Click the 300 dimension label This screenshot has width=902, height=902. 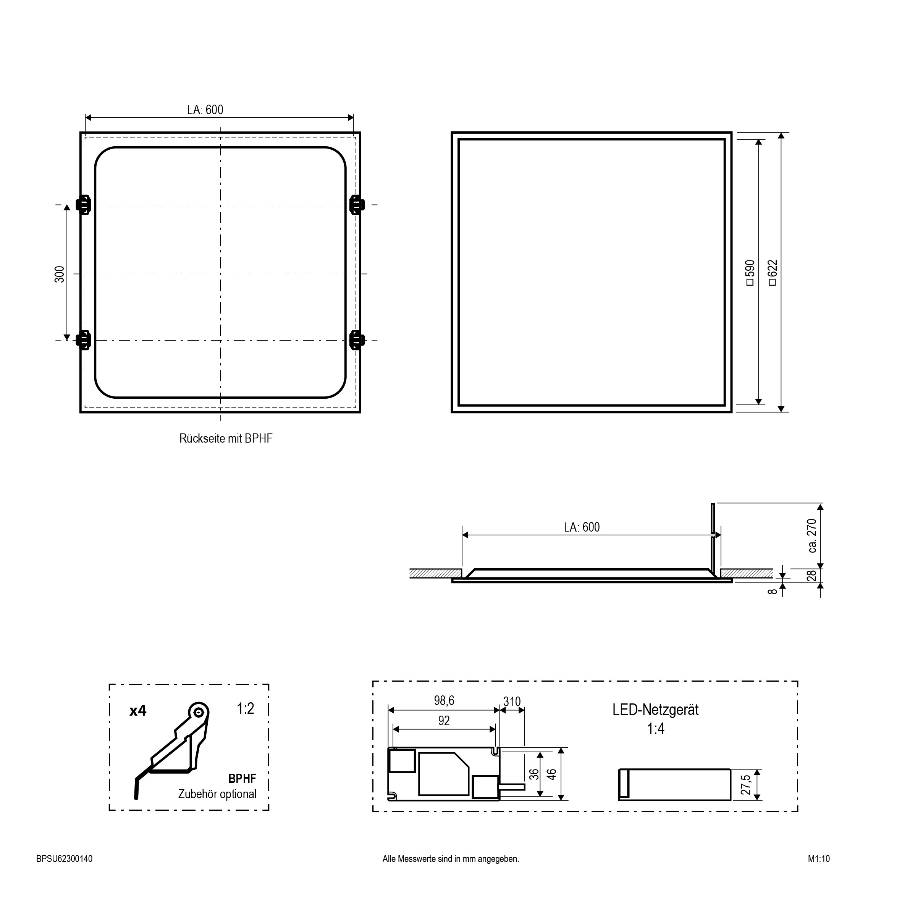point(60,274)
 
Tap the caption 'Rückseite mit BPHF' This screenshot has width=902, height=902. point(226,438)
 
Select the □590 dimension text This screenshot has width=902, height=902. point(750,273)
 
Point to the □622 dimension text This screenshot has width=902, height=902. point(772,273)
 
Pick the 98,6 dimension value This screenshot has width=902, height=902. point(444,700)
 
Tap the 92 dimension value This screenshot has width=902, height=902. point(444,721)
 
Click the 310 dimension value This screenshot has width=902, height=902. point(512,702)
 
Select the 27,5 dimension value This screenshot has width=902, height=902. point(745,785)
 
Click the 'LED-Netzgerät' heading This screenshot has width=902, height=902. point(655,710)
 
